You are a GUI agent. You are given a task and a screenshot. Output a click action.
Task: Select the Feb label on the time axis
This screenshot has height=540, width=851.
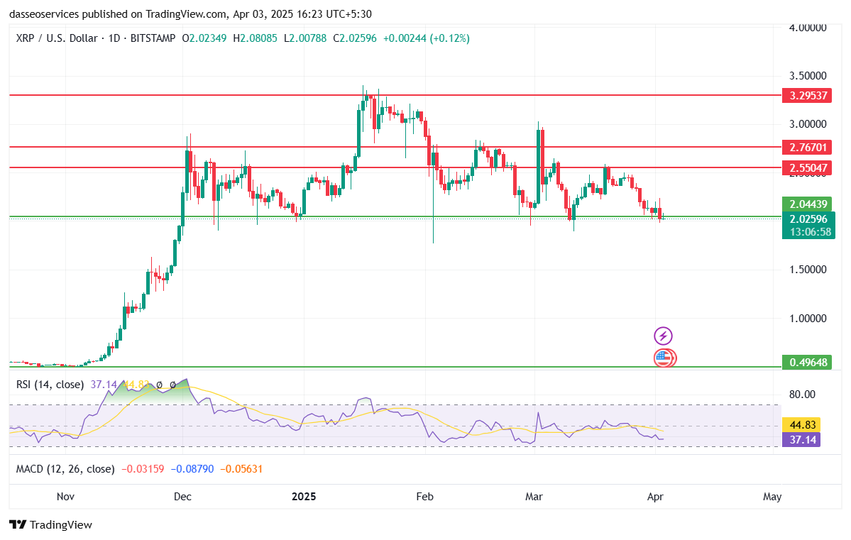pyautogui.click(x=424, y=497)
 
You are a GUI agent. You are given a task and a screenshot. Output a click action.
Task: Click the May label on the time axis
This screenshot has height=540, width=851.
pyautogui.click(x=772, y=497)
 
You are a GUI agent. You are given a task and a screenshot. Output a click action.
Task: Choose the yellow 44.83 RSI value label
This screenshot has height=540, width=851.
pyautogui.click(x=801, y=424)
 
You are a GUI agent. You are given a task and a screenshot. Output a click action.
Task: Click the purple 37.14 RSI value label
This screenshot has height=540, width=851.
pyautogui.click(x=801, y=440)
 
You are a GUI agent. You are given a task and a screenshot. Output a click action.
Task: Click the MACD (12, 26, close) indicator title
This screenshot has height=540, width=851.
pyautogui.click(x=65, y=469)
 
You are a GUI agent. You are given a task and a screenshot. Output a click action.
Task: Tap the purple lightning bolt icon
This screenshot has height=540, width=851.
pyautogui.click(x=663, y=336)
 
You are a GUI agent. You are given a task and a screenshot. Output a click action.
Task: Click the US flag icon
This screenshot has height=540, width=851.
pyautogui.click(x=663, y=358)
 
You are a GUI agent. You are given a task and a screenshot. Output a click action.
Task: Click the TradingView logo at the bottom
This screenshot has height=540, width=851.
pyautogui.click(x=51, y=525)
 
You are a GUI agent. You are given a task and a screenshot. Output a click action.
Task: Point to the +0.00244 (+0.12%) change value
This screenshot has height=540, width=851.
pyautogui.click(x=426, y=38)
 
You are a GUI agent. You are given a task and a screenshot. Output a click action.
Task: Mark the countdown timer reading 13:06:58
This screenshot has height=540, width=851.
pyautogui.click(x=808, y=232)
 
